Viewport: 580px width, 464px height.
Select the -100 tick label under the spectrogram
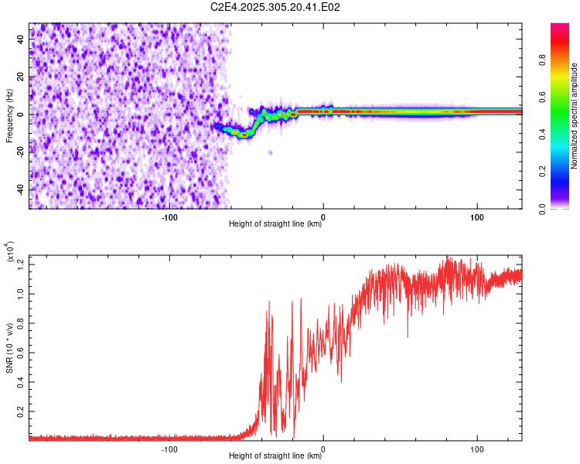(169, 217)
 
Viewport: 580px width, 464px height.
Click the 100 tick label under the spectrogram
(477, 217)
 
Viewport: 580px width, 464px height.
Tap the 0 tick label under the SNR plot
(323, 449)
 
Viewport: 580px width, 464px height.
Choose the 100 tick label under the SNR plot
(477, 449)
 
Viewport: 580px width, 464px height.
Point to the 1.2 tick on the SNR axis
(21, 264)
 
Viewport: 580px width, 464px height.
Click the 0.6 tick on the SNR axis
(21, 353)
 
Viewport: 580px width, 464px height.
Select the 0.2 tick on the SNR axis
(21, 411)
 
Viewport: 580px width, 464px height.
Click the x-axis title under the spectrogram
(275, 225)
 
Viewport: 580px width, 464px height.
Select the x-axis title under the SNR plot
(275, 456)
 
